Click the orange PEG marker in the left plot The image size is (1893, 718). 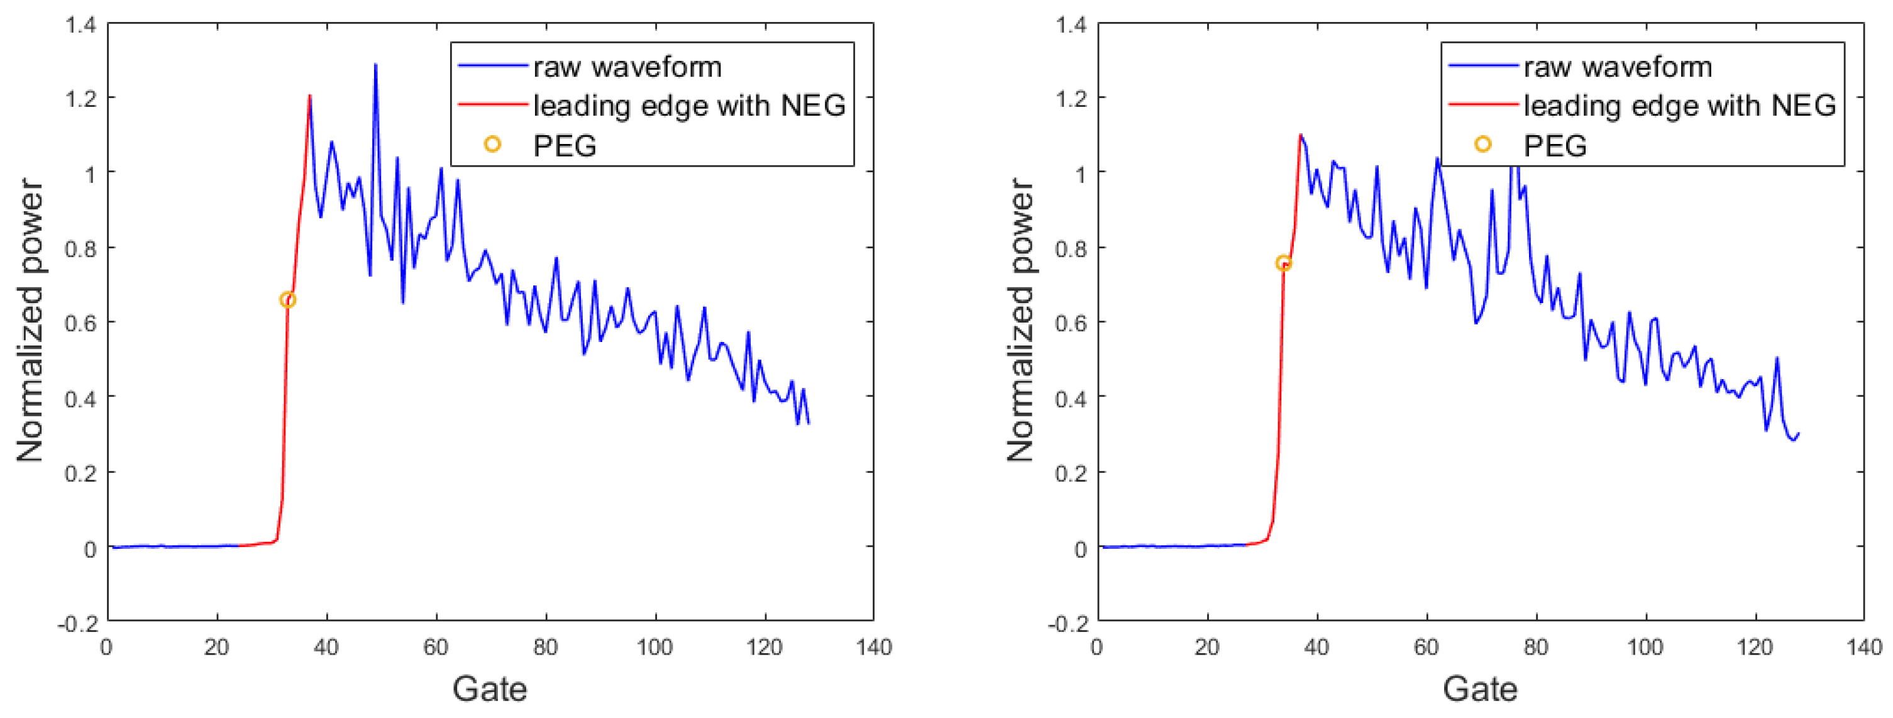pos(287,300)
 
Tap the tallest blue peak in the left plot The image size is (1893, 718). pos(375,65)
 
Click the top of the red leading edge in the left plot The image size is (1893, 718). pos(309,96)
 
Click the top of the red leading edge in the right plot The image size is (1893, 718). pos(1300,135)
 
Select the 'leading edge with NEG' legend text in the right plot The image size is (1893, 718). pos(1679,106)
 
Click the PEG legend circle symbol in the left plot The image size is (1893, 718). pos(492,145)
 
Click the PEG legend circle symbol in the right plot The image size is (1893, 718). pos(1483,145)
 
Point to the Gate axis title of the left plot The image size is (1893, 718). pos(489,689)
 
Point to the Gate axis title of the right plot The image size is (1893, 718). pos(1479,689)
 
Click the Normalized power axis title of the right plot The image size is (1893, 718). pos(1019,321)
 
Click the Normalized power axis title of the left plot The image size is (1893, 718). pos(30,321)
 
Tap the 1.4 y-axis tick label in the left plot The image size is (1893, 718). pos(81,25)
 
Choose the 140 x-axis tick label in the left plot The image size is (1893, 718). pos(874,648)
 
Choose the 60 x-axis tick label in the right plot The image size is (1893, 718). pos(1426,648)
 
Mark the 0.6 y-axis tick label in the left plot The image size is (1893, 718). pos(81,323)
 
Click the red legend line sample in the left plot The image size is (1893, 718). pos(492,105)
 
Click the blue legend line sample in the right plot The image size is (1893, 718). pos(1483,66)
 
